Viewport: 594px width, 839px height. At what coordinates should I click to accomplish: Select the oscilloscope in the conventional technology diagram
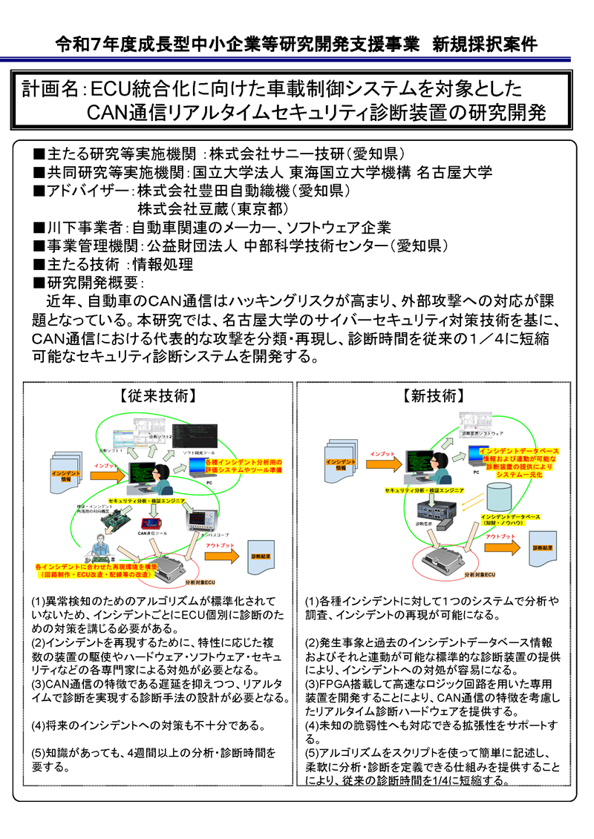pyautogui.click(x=202, y=519)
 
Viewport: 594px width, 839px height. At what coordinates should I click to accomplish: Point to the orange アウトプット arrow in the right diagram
pyautogui.click(x=501, y=544)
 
